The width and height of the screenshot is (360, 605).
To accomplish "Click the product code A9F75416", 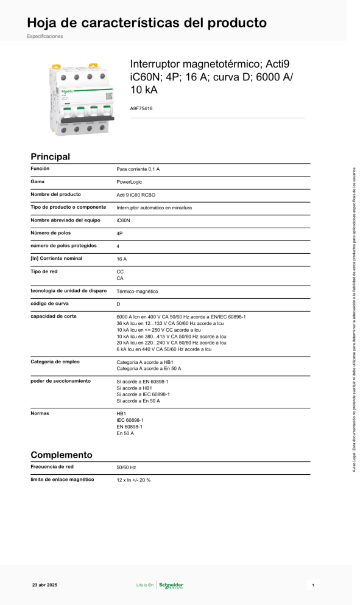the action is [141, 108].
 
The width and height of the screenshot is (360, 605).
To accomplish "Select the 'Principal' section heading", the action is [50, 156].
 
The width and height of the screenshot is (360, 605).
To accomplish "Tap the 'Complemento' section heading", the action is [61, 455].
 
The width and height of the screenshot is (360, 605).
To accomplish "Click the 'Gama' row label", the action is [37, 181].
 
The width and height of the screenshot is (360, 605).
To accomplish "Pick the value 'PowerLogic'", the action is [130, 182].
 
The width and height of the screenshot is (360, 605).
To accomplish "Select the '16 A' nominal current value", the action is [121, 259].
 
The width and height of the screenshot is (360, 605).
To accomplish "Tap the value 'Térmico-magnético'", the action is [137, 292].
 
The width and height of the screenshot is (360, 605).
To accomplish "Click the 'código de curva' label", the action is [50, 303].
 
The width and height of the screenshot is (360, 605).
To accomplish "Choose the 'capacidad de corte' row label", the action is [54, 316].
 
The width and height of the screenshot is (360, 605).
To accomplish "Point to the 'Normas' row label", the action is [40, 413].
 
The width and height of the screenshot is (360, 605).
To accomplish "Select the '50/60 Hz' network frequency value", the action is [126, 467].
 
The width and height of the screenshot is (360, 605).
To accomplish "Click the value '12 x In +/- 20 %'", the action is [133, 480].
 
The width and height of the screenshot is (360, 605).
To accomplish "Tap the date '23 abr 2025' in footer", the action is [44, 585].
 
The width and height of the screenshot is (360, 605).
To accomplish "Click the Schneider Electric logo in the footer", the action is [171, 586].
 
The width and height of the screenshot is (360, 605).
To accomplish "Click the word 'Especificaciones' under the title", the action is [44, 36].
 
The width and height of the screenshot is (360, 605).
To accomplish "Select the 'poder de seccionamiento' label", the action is [60, 380].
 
